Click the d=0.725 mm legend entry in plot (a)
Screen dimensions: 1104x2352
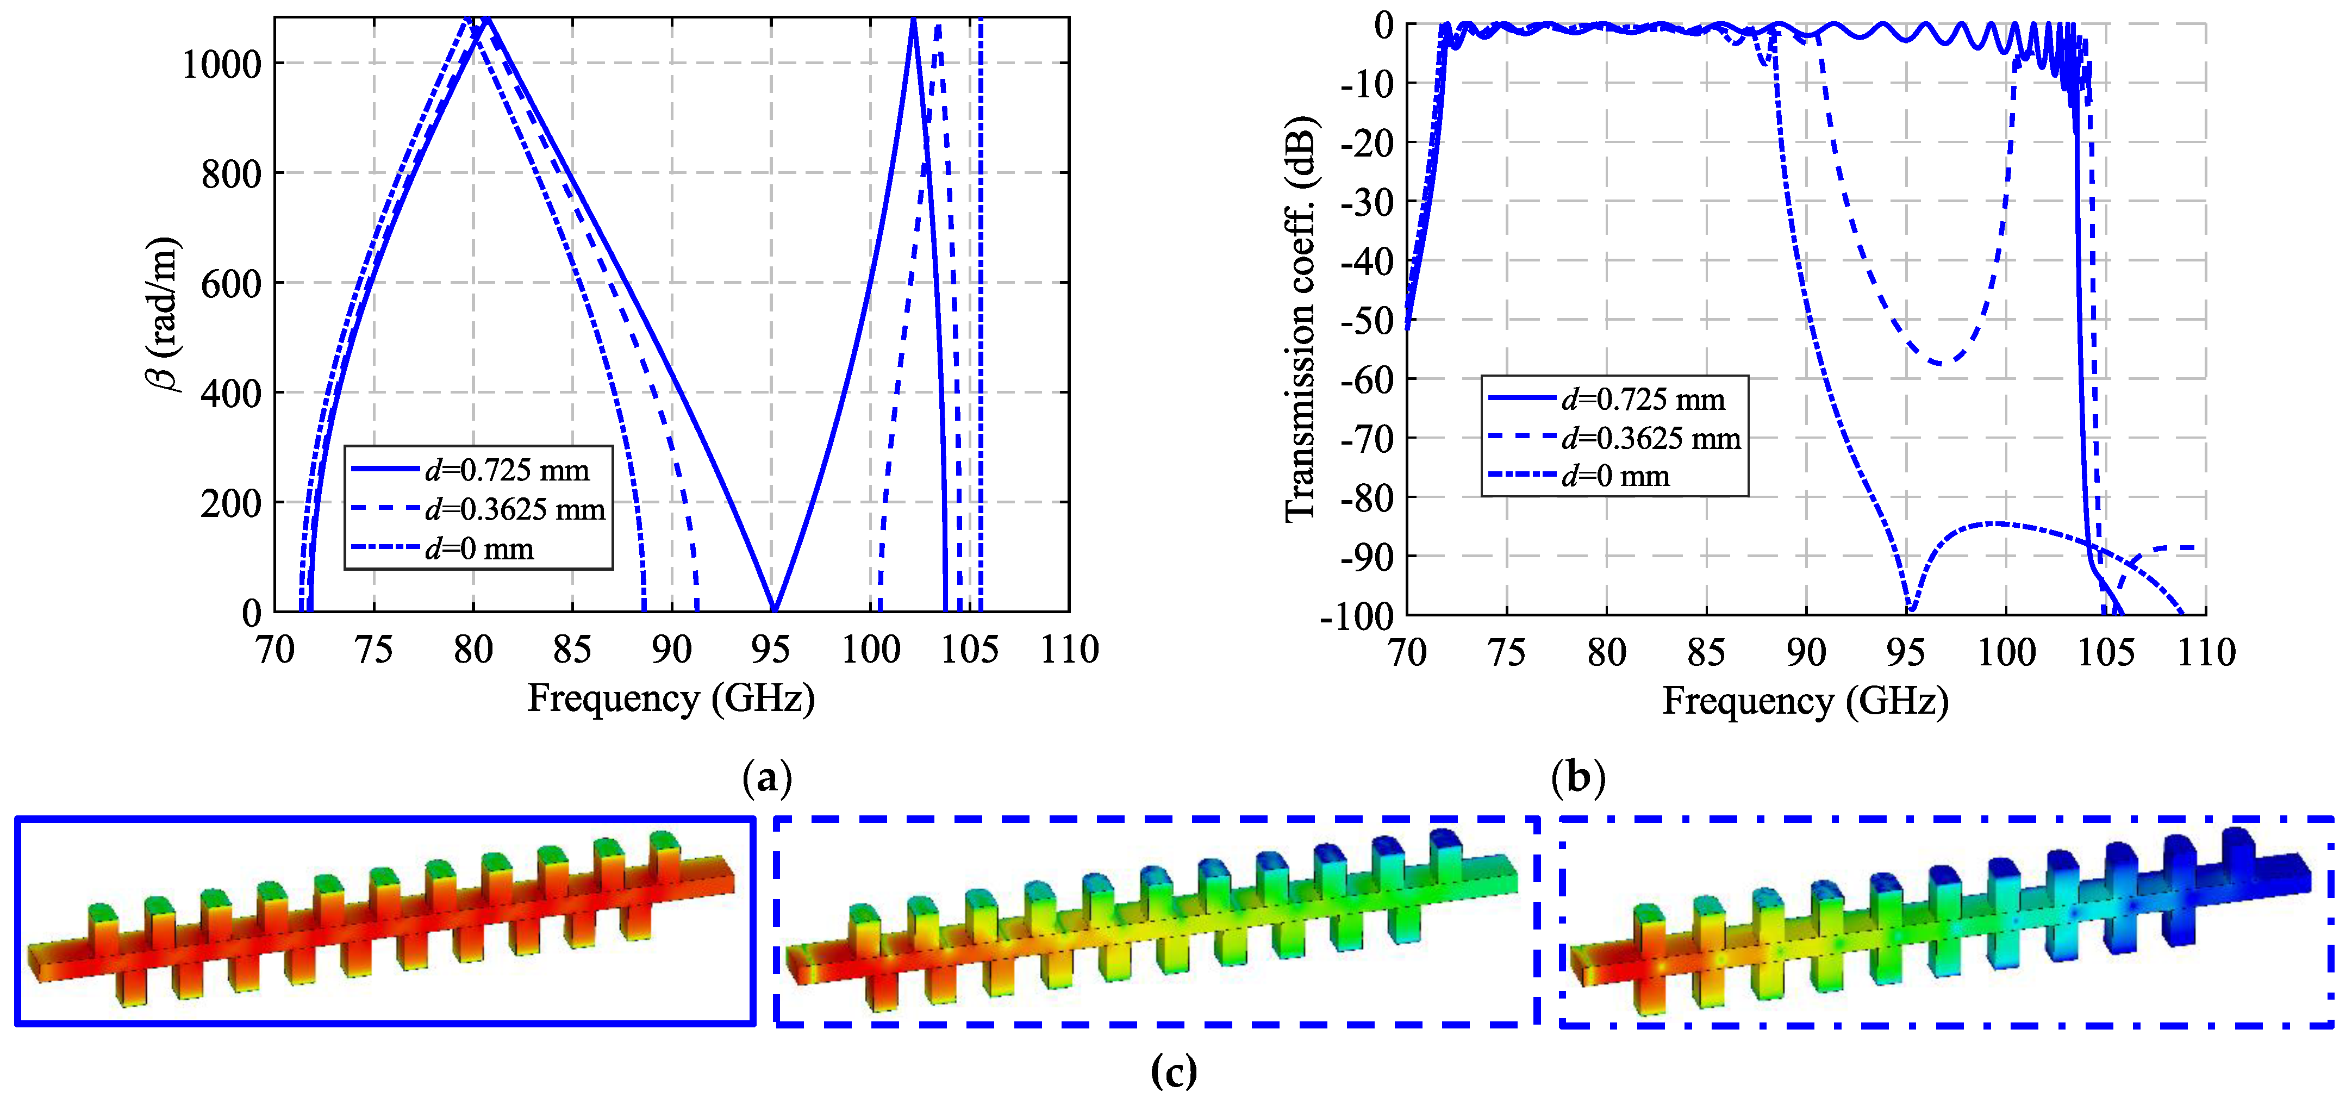pyautogui.click(x=507, y=470)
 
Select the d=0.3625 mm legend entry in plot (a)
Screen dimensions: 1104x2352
pyautogui.click(x=515, y=509)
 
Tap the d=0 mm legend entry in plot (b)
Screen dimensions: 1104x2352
pyautogui.click(x=1614, y=477)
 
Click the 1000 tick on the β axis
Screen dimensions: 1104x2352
pyautogui.click(x=222, y=65)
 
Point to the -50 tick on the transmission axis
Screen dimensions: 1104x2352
pyautogui.click(x=1367, y=321)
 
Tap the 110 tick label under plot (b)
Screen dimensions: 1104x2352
pyautogui.click(x=2206, y=653)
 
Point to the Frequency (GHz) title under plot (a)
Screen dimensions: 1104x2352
pyautogui.click(x=671, y=698)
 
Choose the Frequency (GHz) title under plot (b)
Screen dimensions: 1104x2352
pyautogui.click(x=1805, y=701)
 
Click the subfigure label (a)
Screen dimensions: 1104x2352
pyautogui.click(x=767, y=778)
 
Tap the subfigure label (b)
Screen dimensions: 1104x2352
pyautogui.click(x=1578, y=778)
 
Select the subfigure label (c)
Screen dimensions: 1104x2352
pyautogui.click(x=1173, y=1070)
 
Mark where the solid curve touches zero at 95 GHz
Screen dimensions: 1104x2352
pyautogui.click(x=773, y=609)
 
